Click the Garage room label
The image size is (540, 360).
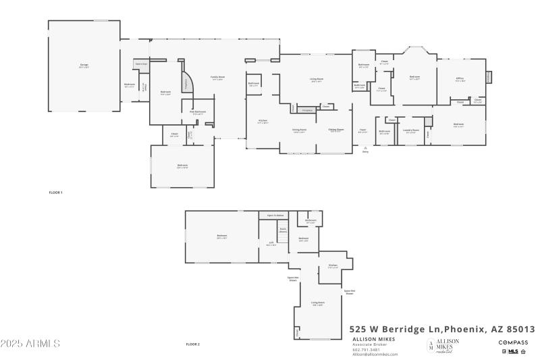pos(84,66)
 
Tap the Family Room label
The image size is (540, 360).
pos(217,78)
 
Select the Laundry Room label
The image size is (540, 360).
pos(410,130)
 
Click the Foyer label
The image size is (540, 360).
pos(362,130)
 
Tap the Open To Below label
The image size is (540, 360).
pos(275,215)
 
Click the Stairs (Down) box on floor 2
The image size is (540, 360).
pos(283,230)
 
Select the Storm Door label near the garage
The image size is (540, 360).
pos(141,63)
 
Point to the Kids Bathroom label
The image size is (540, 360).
pos(197,113)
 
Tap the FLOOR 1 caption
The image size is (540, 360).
pos(55,193)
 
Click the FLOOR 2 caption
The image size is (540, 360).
pos(193,344)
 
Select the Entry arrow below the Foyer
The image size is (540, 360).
pos(365,150)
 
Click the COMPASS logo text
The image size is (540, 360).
pos(513,342)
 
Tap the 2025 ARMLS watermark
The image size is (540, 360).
pos(30,344)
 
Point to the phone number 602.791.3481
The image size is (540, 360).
pos(366,349)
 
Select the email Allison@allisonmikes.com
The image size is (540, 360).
pos(375,354)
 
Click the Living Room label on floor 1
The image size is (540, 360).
pos(317,80)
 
